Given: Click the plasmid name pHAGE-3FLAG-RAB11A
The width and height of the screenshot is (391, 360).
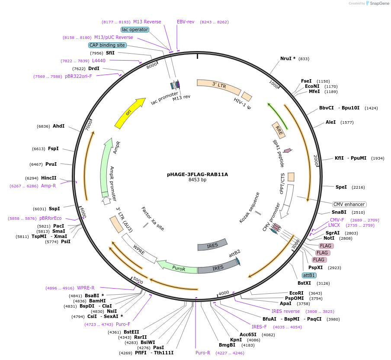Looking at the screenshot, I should pyautogui.click(x=197, y=174).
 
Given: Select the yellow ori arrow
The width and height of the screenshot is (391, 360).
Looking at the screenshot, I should pyautogui.click(x=130, y=113).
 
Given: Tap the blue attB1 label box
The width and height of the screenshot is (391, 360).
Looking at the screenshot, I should pyautogui.click(x=309, y=275).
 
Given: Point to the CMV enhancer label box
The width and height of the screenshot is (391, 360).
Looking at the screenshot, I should pyautogui.click(x=349, y=204).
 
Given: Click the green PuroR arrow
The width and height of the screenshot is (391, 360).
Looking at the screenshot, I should pyautogui.click(x=177, y=267).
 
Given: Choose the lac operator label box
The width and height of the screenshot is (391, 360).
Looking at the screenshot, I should pyautogui.click(x=135, y=29).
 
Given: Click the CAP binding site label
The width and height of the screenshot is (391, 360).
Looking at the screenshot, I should pyautogui.click(x=107, y=45).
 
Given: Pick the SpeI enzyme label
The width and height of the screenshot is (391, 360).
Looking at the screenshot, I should pyautogui.click(x=341, y=187).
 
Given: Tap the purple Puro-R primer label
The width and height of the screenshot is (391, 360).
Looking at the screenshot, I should pyautogui.click(x=203, y=353).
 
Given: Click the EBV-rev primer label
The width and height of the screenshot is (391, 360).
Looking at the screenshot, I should pyautogui.click(x=186, y=22).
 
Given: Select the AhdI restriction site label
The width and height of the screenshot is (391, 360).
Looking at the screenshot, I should pyautogui.click(x=58, y=126).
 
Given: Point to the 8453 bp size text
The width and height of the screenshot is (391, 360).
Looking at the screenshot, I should pyautogui.click(x=197, y=180).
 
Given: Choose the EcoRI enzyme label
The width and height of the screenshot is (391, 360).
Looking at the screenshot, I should pyautogui.click(x=296, y=293).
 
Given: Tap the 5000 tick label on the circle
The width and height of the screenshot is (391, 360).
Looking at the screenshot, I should pyautogui.click(x=138, y=280).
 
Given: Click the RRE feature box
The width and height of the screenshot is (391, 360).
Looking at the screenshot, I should pyautogui.click(x=279, y=130).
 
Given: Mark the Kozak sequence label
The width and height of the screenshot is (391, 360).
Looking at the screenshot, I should pyautogui.click(x=250, y=208).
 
